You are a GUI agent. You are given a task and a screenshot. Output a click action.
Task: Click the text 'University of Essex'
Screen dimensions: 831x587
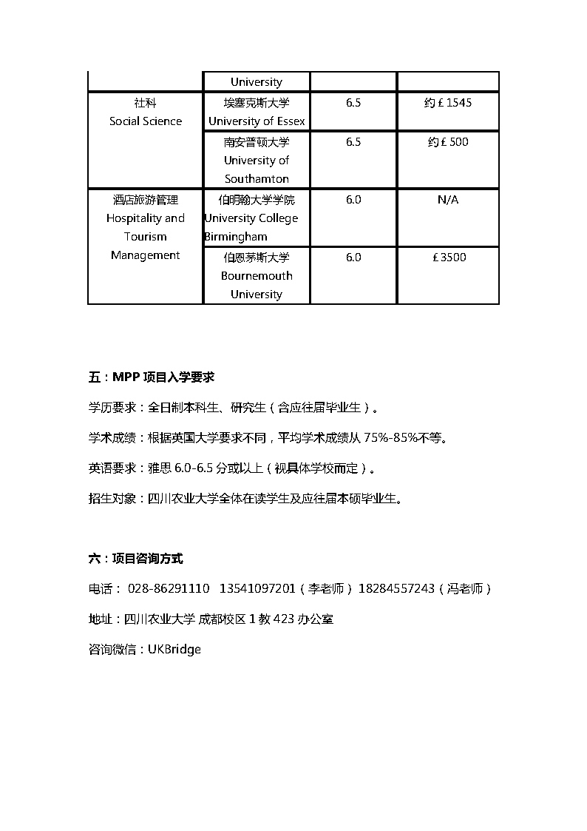(257, 121)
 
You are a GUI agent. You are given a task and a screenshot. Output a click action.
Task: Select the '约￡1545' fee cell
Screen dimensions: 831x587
(448, 103)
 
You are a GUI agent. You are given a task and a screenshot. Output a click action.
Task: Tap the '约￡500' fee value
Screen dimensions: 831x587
(448, 142)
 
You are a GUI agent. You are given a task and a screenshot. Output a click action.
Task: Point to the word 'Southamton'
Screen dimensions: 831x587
(257, 179)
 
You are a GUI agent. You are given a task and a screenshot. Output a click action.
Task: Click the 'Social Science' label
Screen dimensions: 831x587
(146, 121)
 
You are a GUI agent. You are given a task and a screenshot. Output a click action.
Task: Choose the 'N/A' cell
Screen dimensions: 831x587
(448, 200)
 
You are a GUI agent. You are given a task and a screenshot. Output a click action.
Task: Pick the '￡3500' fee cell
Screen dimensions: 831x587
(448, 258)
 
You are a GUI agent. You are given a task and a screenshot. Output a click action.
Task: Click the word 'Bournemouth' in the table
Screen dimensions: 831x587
(257, 276)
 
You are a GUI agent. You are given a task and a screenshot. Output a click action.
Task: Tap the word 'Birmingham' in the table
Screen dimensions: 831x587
(237, 237)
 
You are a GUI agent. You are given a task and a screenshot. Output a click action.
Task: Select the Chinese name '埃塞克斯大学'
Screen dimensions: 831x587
(257, 103)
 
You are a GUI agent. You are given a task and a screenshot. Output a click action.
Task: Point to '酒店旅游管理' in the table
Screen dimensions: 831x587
(146, 200)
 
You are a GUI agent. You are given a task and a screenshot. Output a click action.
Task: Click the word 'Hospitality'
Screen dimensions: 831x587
(134, 218)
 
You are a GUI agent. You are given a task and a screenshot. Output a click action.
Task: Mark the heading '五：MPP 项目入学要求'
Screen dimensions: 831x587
(151, 377)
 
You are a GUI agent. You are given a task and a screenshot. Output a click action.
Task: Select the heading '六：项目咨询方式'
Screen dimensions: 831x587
(135, 559)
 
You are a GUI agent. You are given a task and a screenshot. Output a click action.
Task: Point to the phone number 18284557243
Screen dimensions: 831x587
(396, 589)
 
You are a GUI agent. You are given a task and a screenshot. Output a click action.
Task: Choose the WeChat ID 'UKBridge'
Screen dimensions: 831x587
(174, 650)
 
